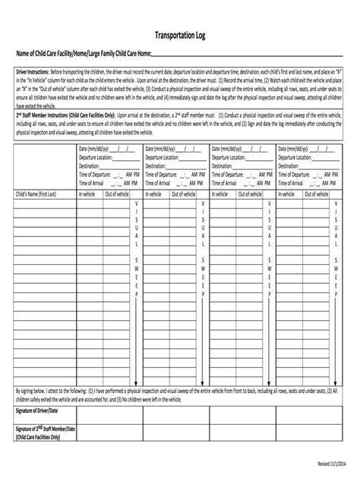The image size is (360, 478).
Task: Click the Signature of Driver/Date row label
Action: (x=37, y=410)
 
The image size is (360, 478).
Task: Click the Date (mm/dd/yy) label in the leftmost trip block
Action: (x=94, y=149)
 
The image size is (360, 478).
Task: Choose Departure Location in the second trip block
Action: (x=162, y=158)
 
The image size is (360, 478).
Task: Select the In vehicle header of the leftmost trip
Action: (x=89, y=194)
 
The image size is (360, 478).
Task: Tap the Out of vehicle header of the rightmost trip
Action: (x=317, y=194)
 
